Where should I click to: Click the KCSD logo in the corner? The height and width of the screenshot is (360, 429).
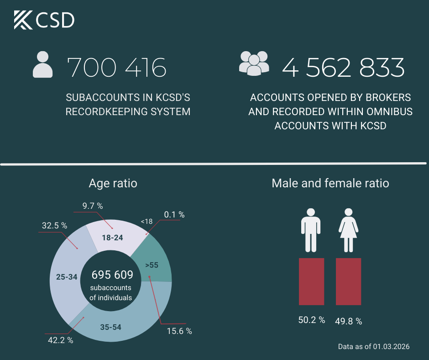pos(44,20)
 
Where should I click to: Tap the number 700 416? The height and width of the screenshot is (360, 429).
pos(117,68)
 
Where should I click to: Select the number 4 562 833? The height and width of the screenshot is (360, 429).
pos(343,68)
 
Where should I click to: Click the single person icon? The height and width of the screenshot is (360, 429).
pos(43,64)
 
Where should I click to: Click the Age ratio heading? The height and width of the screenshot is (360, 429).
pos(113,183)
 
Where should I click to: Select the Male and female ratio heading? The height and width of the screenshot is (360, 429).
pos(330,183)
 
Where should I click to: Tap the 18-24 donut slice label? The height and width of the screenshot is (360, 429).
pos(112,238)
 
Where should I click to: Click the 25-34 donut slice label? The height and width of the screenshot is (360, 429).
pos(67,277)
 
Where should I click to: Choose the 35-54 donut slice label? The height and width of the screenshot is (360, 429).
pos(111,327)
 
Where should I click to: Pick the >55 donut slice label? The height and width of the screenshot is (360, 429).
pos(152,265)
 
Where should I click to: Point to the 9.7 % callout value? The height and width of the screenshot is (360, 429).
pos(93,206)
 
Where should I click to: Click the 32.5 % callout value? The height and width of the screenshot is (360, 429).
pos(54,226)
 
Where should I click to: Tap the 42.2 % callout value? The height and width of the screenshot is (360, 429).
pos(60,340)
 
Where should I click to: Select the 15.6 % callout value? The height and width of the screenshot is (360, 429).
pos(179,331)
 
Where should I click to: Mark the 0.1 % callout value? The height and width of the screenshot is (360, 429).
pos(174,215)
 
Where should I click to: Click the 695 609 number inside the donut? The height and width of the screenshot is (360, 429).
pos(112,275)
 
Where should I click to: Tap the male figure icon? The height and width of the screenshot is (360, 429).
pos(311,230)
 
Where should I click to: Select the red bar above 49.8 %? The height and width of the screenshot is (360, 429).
pos(349,281)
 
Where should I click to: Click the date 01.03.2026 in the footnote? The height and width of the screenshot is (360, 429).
pos(392,347)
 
